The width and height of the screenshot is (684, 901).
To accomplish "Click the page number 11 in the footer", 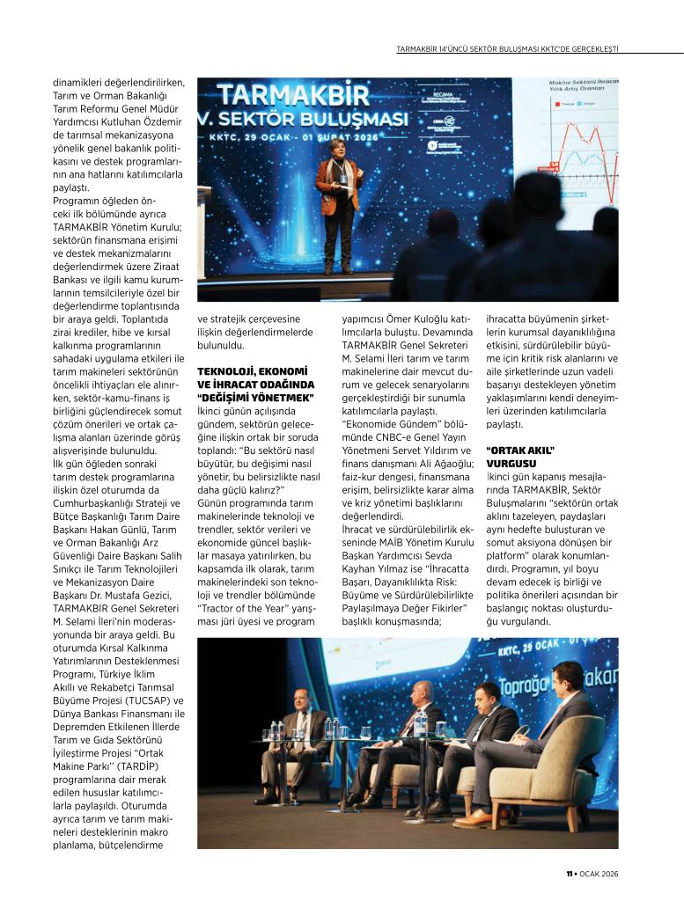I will tap(569, 874).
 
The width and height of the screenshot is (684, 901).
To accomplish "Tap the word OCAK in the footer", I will tap(592, 874).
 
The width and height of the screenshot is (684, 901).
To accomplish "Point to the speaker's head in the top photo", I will tap(338, 145).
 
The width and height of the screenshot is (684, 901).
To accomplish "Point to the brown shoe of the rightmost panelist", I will tap(474, 818).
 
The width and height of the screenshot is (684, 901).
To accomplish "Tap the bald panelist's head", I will tap(424, 691).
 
